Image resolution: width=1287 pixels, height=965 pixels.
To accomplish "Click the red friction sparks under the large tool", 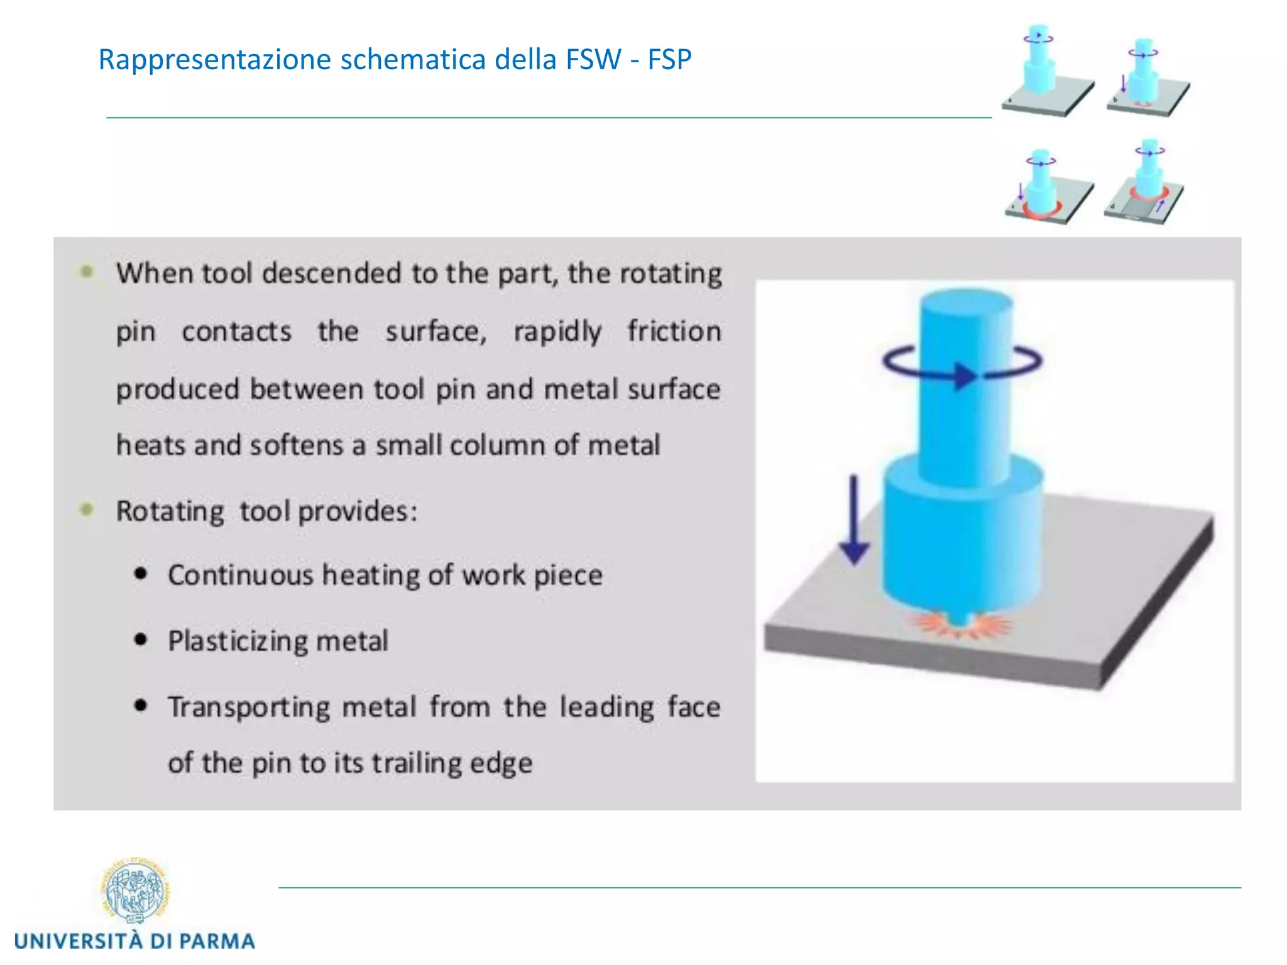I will point(958,626).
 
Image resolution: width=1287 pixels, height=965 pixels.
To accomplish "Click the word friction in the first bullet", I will point(674,332).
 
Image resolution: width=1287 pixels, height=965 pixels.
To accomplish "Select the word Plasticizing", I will point(238,641).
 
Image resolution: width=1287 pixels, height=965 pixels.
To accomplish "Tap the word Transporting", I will point(249,707).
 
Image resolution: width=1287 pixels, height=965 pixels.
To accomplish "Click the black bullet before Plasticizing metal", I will point(141,640).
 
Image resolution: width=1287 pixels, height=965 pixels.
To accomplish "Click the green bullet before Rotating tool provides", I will point(87,510).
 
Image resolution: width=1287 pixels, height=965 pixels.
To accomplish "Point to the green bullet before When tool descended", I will point(87,272).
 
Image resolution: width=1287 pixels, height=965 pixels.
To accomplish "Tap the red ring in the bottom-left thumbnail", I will point(1041,212).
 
